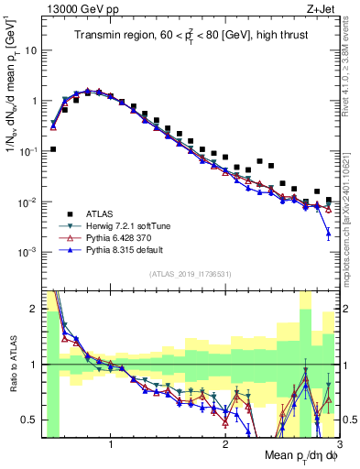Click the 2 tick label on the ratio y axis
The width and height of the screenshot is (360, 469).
(34, 308)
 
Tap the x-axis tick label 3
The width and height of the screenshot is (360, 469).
(339, 442)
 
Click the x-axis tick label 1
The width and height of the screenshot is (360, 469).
(111, 442)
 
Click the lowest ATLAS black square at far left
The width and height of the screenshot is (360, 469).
(53, 148)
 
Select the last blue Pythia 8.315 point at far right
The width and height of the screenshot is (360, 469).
(329, 234)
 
